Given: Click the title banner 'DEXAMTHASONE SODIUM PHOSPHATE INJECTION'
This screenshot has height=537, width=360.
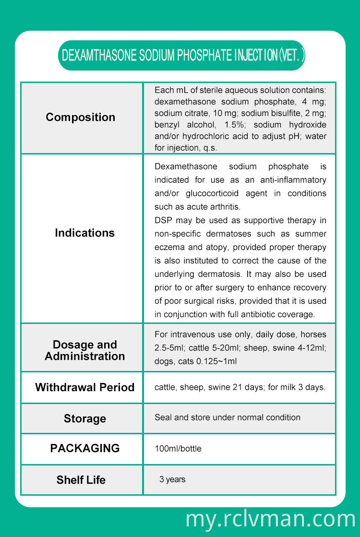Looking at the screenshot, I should (x=181, y=56).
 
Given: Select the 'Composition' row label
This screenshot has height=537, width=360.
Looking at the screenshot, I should (x=81, y=118).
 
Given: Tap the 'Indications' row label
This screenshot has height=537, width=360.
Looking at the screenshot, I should (x=84, y=233).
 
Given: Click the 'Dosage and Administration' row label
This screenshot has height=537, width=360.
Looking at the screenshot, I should (x=84, y=350).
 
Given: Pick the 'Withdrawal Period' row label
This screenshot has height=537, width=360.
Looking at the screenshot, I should (x=84, y=387).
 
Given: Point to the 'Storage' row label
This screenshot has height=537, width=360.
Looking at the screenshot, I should (x=84, y=419).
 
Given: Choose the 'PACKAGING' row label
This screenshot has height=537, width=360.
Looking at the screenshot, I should (x=84, y=448).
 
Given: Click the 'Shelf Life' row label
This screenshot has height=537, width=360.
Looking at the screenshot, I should (x=81, y=480).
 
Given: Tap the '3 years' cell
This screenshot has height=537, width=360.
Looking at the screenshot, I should (x=172, y=479).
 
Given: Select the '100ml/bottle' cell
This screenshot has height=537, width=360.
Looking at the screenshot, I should (x=178, y=449).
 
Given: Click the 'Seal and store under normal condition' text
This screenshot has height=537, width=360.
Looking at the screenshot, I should (x=227, y=418).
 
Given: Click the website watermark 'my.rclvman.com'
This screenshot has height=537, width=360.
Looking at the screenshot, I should (x=270, y=519).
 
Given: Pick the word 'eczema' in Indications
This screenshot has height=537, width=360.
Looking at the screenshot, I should (x=168, y=247).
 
